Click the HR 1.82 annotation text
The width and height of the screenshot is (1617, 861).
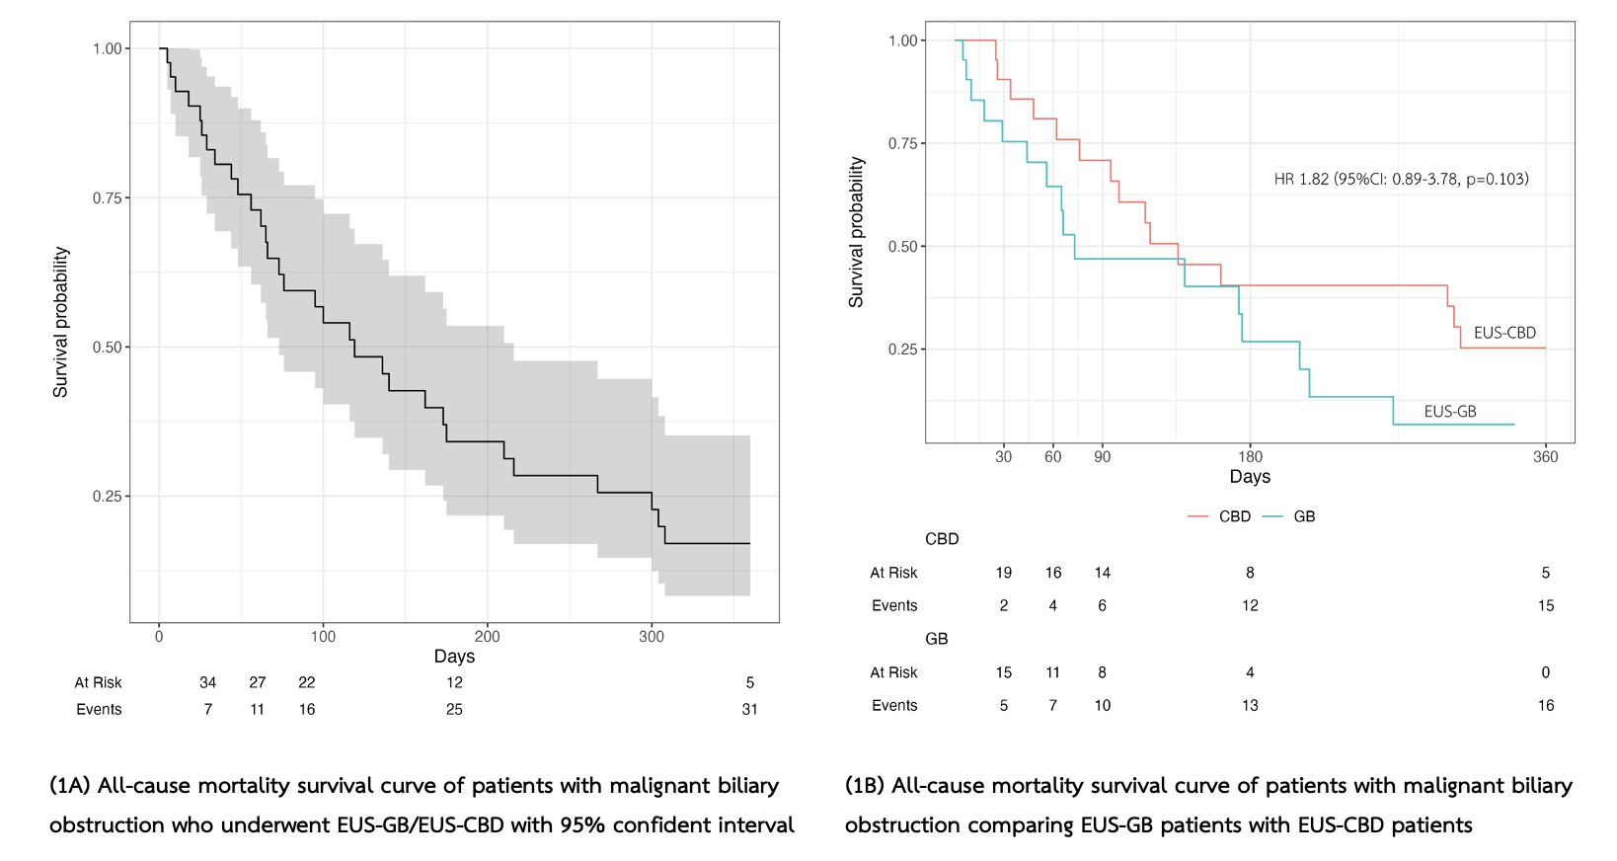(1401, 180)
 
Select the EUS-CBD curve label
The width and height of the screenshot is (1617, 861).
(1504, 334)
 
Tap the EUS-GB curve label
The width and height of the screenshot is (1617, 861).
(1449, 412)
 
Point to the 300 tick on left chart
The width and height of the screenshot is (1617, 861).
(651, 637)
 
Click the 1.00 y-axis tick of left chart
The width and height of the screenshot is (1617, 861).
(108, 49)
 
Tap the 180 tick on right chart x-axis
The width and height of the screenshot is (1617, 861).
(1250, 457)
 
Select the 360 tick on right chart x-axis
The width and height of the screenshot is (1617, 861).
(1545, 457)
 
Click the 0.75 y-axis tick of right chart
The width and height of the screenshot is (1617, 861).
(903, 144)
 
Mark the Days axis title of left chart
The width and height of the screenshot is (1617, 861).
(454, 657)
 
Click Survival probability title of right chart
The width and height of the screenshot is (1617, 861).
(856, 232)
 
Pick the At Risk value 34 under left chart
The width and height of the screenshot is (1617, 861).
(207, 683)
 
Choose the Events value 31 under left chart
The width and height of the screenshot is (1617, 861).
(749, 710)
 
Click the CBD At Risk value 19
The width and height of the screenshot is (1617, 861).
(1003, 574)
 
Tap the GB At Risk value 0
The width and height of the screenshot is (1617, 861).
(1545, 673)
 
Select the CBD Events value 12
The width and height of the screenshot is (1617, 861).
(1250, 606)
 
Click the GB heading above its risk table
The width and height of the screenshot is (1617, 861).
(936, 640)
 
